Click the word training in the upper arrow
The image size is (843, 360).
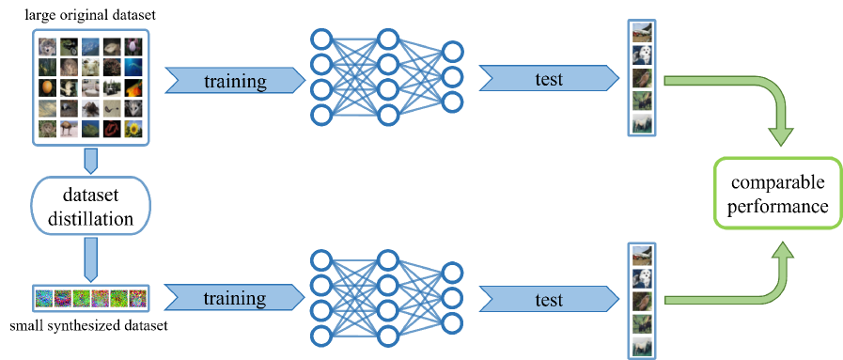tap(236, 81)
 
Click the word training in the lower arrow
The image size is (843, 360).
tap(236, 299)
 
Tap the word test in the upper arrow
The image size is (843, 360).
tap(549, 80)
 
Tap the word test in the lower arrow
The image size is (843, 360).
tap(549, 300)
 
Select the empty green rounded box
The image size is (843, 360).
tap(778, 193)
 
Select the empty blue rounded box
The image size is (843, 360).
tap(91, 205)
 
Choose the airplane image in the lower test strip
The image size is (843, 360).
tap(642, 255)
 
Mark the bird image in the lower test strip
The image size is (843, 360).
tap(642, 301)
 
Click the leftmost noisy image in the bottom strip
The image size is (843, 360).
tap(44, 299)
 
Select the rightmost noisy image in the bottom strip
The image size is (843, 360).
tap(138, 299)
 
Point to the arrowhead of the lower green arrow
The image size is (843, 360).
tap(781, 249)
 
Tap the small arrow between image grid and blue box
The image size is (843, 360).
tap(91, 162)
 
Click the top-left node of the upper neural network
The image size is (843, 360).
tap(321, 40)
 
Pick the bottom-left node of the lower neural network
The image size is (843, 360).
tap(321, 336)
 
